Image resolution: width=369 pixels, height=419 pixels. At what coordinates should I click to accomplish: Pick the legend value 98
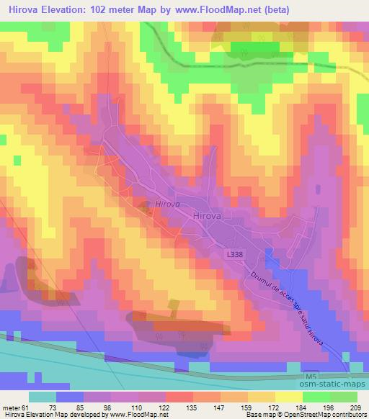pos(108,407)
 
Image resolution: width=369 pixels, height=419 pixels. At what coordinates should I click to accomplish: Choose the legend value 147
pos(219,407)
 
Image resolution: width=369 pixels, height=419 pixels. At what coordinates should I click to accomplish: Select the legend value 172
pos(275,407)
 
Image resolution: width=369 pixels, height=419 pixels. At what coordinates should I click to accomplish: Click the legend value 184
pos(302,407)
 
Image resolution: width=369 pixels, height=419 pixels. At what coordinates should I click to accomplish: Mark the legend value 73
pos(53,407)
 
